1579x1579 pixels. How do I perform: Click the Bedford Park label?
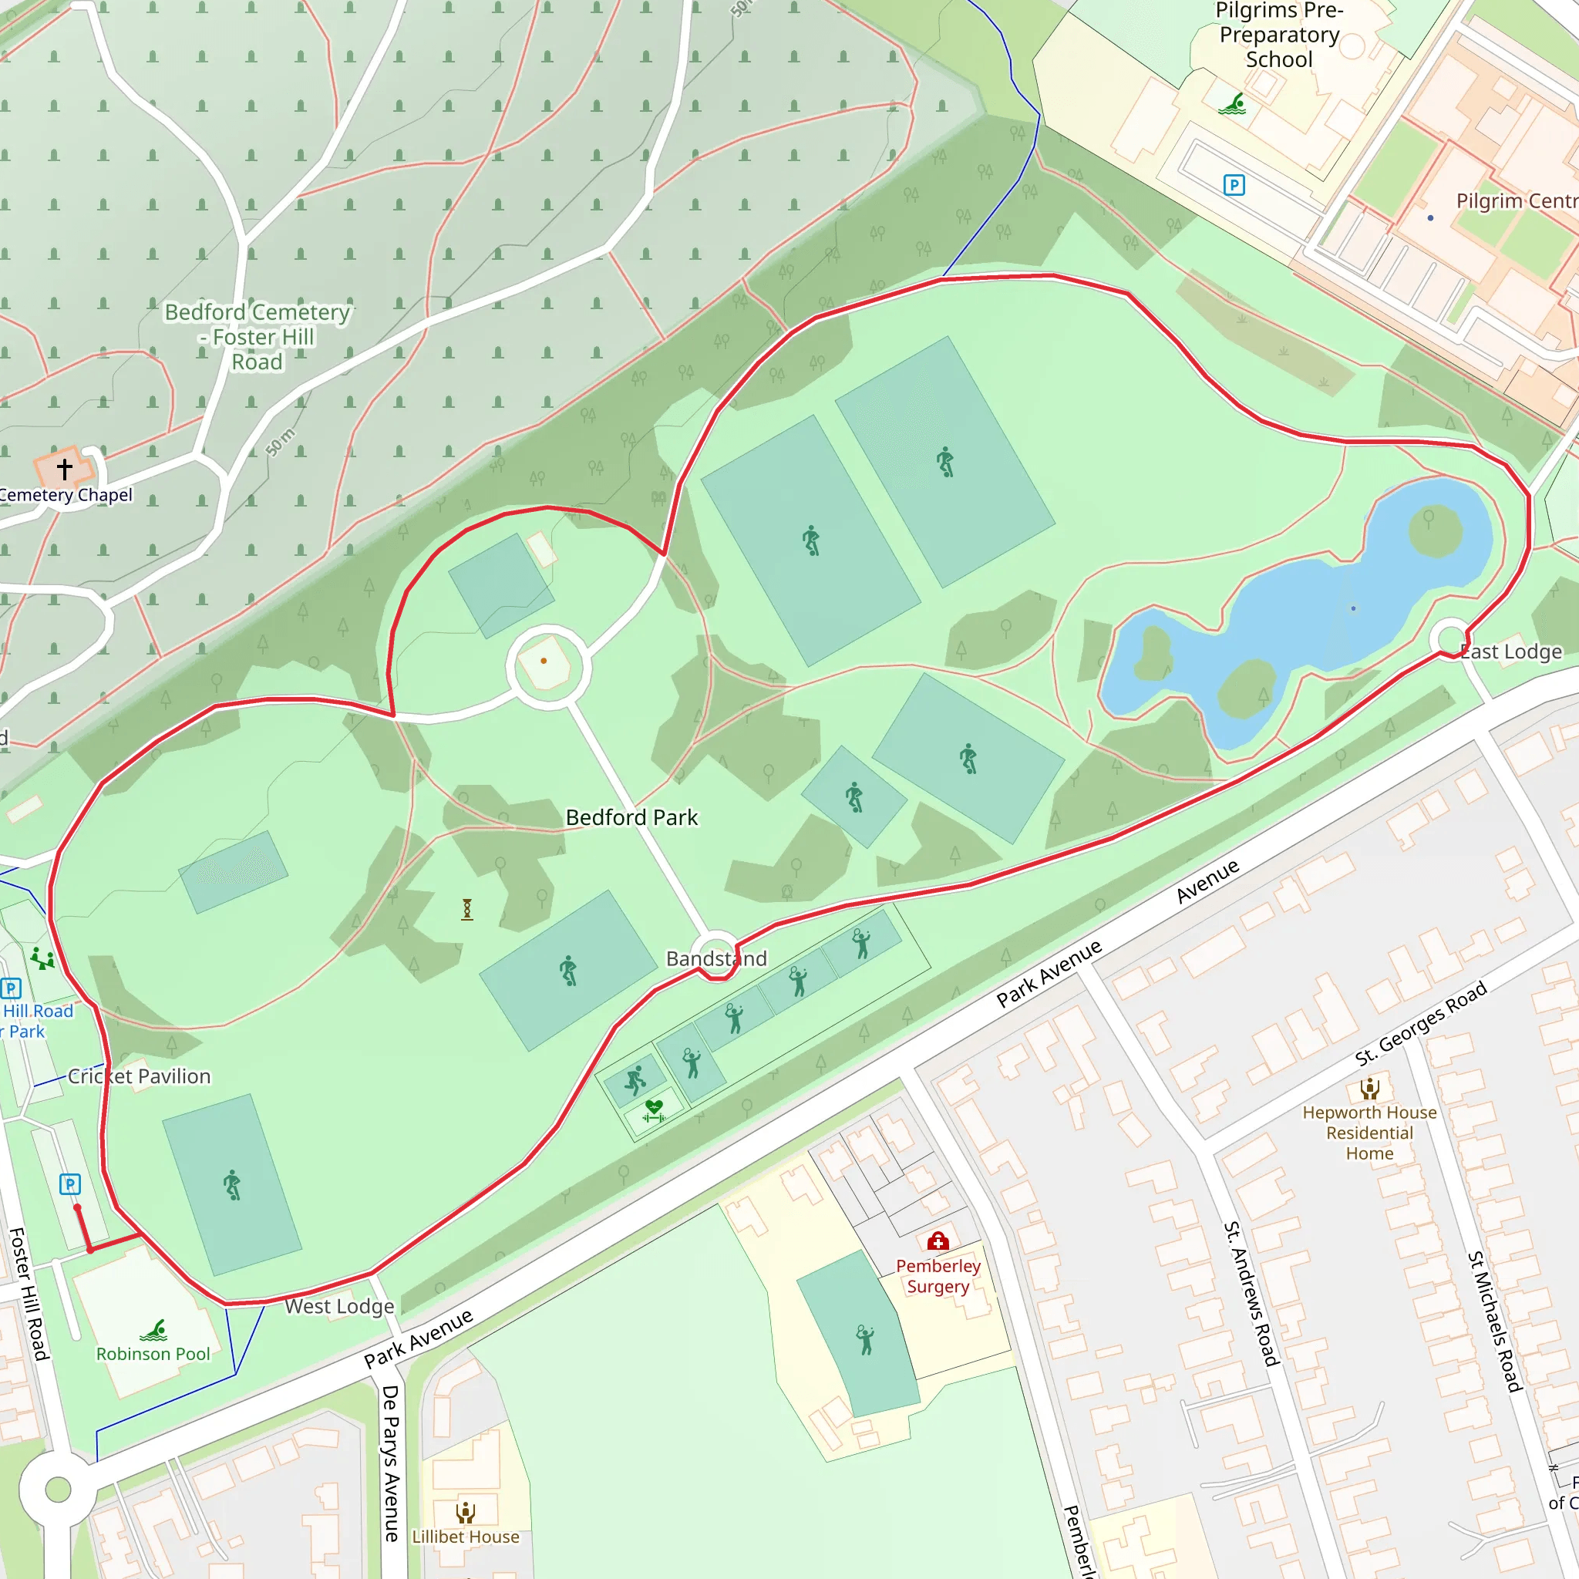[x=631, y=817]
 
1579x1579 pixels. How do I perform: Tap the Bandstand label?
[x=716, y=958]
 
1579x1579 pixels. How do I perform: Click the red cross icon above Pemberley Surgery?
[x=938, y=1241]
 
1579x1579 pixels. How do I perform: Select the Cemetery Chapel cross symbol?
[x=65, y=468]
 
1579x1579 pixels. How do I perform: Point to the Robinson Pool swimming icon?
[x=153, y=1331]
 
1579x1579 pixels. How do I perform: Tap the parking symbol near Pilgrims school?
[x=1234, y=186]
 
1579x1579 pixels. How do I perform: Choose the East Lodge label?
[x=1511, y=651]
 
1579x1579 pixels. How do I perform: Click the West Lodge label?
[x=339, y=1306]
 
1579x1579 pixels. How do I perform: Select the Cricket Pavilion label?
[x=139, y=1076]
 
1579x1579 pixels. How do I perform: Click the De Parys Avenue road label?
[x=391, y=1463]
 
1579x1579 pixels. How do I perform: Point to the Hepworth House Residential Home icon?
[x=1370, y=1088]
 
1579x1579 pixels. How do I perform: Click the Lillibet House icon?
[x=465, y=1513]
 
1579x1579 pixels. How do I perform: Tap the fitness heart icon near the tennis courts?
[x=653, y=1112]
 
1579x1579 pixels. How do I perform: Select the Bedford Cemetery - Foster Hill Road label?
[x=257, y=337]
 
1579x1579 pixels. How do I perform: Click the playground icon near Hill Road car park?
[x=42, y=958]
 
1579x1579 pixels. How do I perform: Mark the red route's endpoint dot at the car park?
[x=77, y=1207]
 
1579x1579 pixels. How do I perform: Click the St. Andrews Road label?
[x=1251, y=1294]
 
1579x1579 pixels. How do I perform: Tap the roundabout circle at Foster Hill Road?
[x=58, y=1489]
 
